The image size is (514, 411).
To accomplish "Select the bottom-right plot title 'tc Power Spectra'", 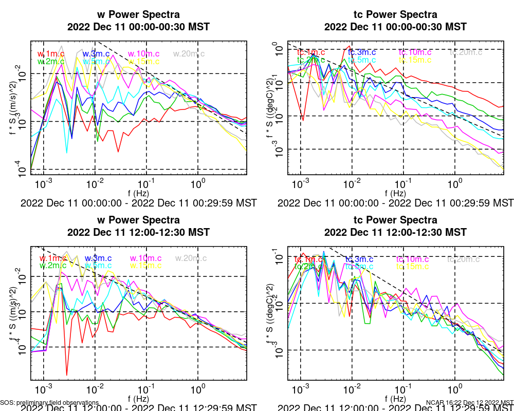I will click(x=396, y=220).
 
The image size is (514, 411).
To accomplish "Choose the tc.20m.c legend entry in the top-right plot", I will click(x=466, y=52).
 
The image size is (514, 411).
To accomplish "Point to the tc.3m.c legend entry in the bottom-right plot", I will click(x=359, y=259).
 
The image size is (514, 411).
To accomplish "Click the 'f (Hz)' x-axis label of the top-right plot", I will click(x=396, y=193).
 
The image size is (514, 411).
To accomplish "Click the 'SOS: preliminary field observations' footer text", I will click(x=49, y=403).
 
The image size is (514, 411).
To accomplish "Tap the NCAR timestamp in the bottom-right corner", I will click(x=469, y=403).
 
